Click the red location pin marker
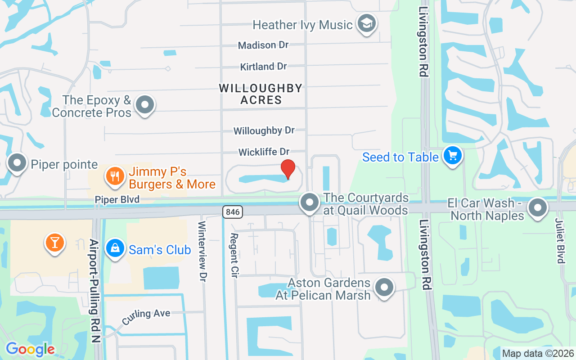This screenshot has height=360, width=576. [x=288, y=169]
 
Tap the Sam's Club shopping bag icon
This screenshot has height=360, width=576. [x=115, y=248]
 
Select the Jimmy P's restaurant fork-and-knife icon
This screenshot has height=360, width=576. [x=115, y=176]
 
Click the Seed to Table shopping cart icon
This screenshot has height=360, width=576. [x=452, y=156]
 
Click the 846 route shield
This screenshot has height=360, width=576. [x=232, y=211]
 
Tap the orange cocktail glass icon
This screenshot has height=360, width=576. [x=54, y=243]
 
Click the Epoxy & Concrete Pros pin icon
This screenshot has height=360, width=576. [x=145, y=105]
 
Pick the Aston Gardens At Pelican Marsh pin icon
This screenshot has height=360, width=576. [x=384, y=287]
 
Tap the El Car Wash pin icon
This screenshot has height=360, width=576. [x=537, y=208]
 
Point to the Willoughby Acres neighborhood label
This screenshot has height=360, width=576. [x=261, y=94]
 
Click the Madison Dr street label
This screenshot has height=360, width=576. [x=263, y=45]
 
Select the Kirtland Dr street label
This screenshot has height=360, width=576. [x=263, y=67]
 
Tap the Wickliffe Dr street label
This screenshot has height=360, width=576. [x=264, y=152]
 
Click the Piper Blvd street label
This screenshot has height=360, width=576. [x=117, y=199]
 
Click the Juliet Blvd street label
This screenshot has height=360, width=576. [x=559, y=241]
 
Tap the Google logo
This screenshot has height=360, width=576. [x=30, y=349]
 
